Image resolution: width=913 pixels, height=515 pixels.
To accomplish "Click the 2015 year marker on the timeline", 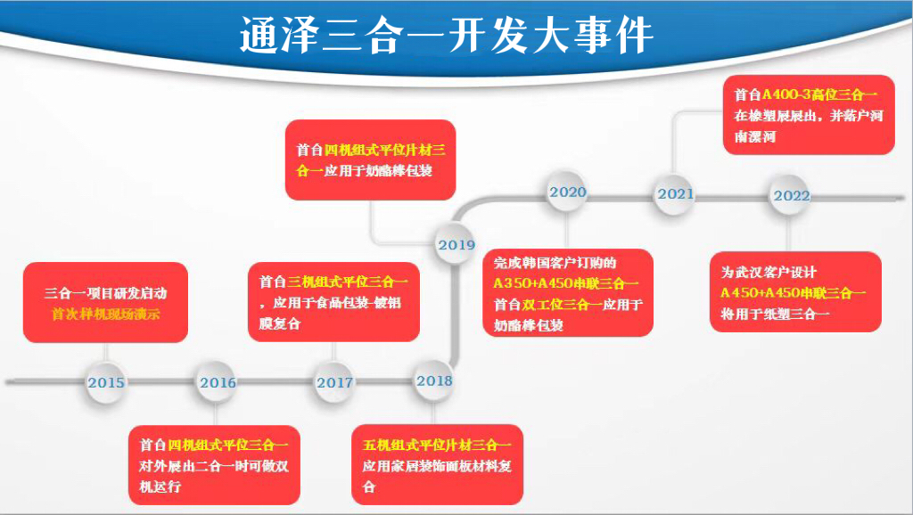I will tap(106, 382).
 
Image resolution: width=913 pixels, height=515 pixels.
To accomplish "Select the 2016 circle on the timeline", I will tap(218, 382).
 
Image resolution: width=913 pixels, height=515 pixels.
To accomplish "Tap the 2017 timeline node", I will tap(334, 382).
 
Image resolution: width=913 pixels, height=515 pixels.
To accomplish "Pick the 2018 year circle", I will tap(434, 380).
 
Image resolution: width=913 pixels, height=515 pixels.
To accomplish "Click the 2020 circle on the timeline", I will tap(568, 192).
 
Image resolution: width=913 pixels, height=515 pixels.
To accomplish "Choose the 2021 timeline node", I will tap(676, 193).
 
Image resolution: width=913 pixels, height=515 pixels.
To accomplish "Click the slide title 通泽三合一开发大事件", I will tap(447, 37).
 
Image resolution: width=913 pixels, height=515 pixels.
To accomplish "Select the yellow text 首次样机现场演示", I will tap(105, 314).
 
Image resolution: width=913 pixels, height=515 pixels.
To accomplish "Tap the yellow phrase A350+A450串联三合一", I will tap(566, 283).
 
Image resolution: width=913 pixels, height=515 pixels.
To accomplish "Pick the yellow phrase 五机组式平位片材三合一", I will tap(436, 445).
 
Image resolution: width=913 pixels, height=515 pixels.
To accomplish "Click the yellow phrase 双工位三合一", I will tap(566, 305).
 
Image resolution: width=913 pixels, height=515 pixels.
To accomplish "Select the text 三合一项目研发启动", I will tap(105, 292).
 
